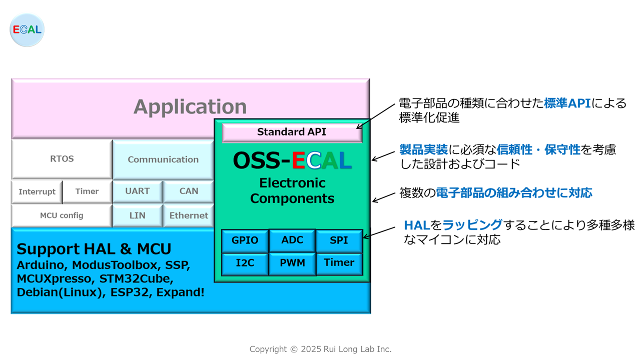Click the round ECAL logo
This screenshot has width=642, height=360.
pyautogui.click(x=27, y=30)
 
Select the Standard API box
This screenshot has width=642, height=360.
pyautogui.click(x=292, y=132)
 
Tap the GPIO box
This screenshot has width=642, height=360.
pyautogui.click(x=245, y=240)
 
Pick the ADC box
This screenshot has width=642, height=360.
pyautogui.click(x=292, y=240)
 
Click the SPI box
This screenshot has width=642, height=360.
pyautogui.click(x=339, y=240)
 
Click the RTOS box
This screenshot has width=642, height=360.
pyautogui.click(x=62, y=159)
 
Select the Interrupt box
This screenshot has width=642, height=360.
pyautogui.click(x=37, y=191)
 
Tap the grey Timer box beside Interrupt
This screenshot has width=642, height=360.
pyautogui.click(x=87, y=191)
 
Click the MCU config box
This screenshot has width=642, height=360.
pyautogui.click(x=62, y=215)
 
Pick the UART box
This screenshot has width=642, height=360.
pyautogui.click(x=138, y=191)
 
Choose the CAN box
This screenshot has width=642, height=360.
pyautogui.click(x=189, y=191)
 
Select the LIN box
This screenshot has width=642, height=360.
pyautogui.click(x=138, y=215)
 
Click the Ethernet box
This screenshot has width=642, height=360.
pyautogui.click(x=189, y=215)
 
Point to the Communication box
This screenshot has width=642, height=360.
pyautogui.click(x=163, y=159)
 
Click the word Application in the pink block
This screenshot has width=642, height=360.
pyautogui.click(x=190, y=107)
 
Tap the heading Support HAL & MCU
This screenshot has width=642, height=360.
pyautogui.click(x=94, y=249)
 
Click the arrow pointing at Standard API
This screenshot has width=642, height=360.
pyautogui.click(x=376, y=116)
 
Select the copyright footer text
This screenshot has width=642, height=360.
pyautogui.click(x=320, y=349)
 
